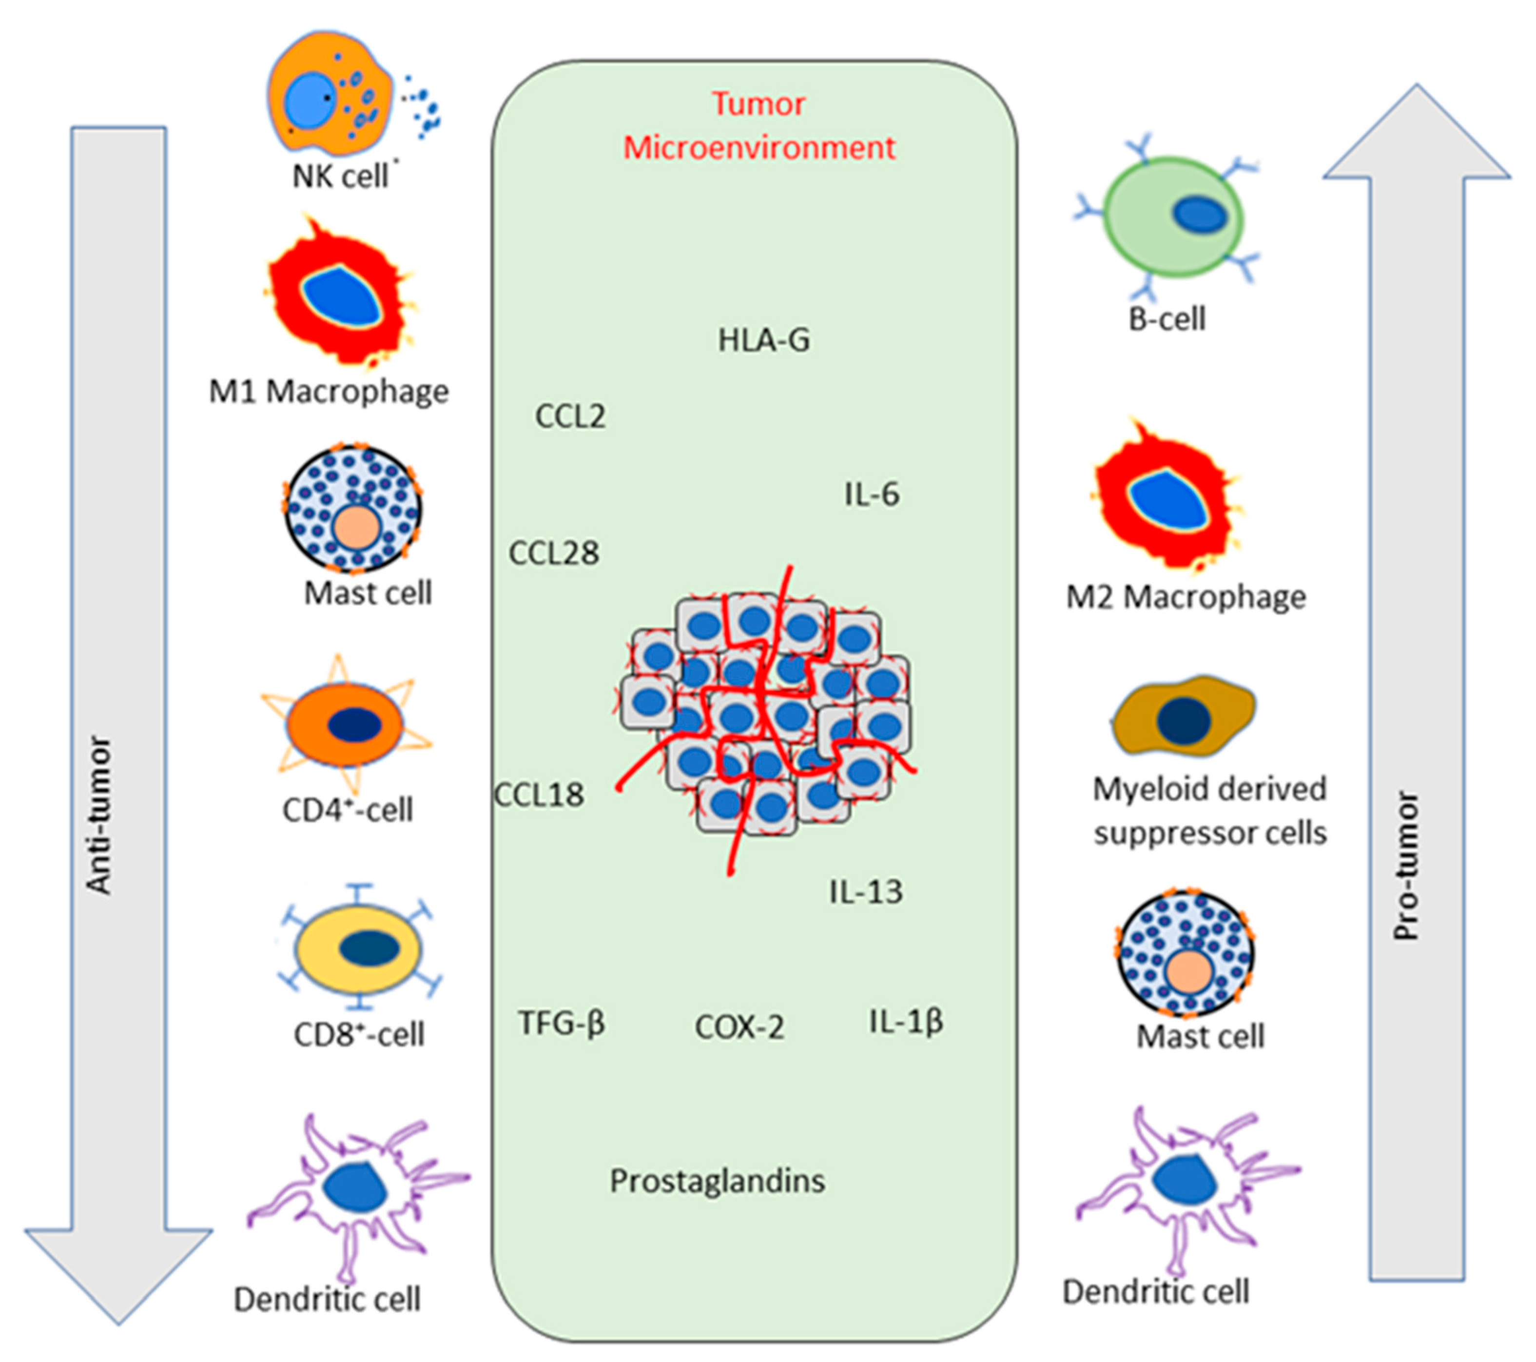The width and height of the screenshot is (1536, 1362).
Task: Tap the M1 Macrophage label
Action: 329,392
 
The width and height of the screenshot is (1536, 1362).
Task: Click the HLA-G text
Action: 763,340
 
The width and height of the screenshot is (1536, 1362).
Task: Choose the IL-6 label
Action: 872,494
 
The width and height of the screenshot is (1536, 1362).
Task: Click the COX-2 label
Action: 739,1027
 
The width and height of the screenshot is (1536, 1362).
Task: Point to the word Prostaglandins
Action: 717,1182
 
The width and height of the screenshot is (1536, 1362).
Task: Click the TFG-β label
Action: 562,1023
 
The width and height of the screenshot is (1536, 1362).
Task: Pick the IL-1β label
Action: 906,1022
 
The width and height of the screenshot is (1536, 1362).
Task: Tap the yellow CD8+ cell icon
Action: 359,948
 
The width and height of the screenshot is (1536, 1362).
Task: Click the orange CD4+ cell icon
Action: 347,724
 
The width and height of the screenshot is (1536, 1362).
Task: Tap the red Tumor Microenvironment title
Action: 759,125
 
